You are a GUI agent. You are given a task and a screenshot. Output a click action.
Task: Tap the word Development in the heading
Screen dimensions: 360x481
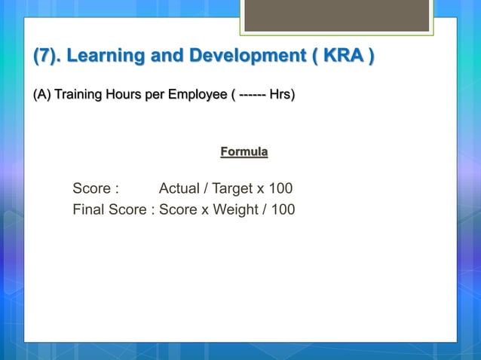(242, 56)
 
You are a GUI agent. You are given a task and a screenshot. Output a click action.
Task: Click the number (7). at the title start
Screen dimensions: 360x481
(47, 56)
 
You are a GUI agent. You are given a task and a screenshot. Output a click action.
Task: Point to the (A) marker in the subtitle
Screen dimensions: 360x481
(42, 96)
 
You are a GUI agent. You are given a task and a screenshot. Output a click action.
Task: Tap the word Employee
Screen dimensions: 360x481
(195, 96)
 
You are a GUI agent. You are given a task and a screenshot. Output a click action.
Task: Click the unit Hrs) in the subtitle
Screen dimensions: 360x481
(282, 96)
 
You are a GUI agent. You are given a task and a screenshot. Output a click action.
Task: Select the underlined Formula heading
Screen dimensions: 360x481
(244, 152)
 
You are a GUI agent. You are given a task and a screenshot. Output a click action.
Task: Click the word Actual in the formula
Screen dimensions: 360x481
(179, 188)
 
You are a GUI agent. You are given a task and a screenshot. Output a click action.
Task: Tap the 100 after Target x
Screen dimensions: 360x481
(280, 188)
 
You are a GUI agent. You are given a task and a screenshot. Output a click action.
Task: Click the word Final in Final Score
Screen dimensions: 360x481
(88, 209)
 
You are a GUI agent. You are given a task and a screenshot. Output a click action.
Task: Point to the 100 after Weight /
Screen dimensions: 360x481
(283, 209)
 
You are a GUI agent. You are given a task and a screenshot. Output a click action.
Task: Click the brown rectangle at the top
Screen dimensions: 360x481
(336, 15)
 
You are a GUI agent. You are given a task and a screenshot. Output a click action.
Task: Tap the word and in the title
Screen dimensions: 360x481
(168, 56)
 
